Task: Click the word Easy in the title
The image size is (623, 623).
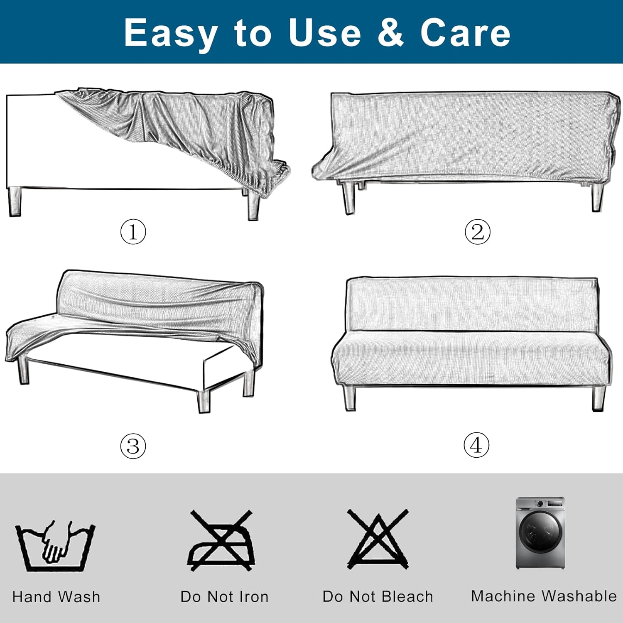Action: [171, 33]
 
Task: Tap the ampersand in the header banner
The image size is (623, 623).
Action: [390, 32]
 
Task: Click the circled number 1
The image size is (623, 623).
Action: [133, 232]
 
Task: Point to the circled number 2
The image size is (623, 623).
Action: [477, 232]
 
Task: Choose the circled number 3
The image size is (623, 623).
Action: [133, 446]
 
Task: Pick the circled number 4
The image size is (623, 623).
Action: [476, 445]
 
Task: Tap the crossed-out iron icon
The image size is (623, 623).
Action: [221, 540]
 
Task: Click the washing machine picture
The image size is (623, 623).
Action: [540, 532]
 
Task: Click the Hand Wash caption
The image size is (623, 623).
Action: [56, 597]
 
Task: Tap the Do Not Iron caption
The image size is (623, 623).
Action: [224, 597]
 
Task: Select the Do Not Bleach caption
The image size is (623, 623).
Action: [378, 597]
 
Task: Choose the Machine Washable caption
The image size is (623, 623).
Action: [544, 596]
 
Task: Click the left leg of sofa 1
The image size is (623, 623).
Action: [15, 201]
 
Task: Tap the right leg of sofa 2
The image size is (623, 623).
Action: [597, 197]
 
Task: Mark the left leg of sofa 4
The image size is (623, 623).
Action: [349, 398]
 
